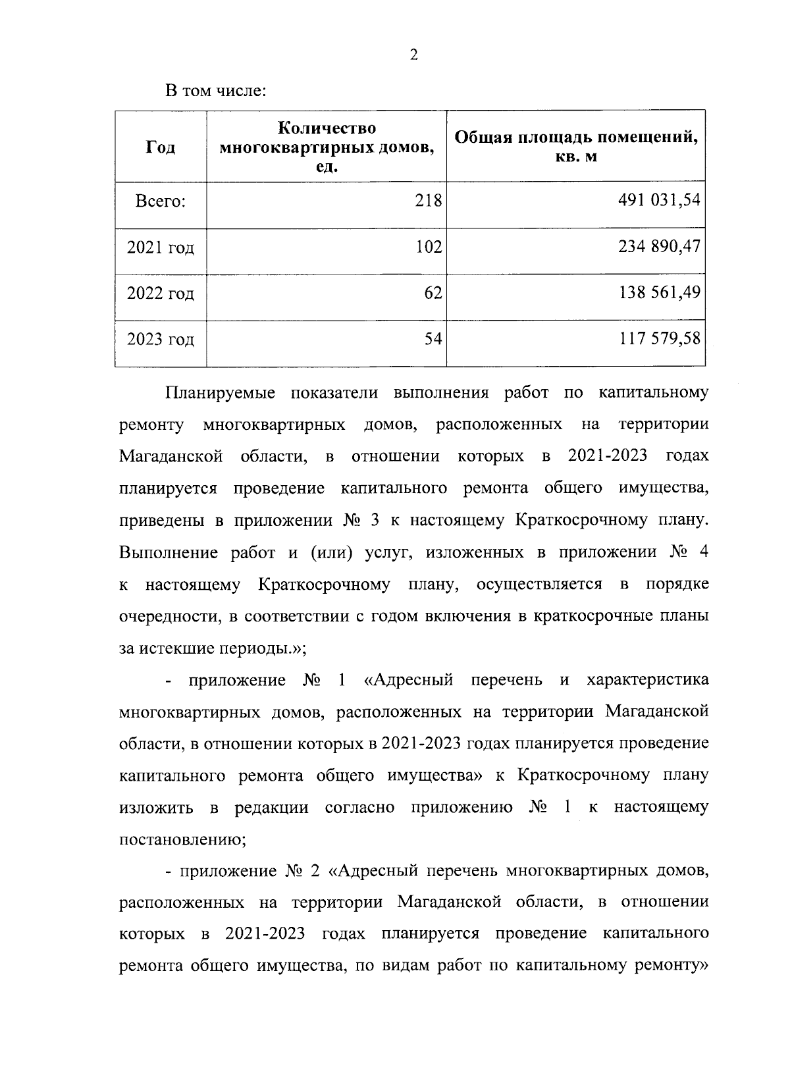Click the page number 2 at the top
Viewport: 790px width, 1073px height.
413,55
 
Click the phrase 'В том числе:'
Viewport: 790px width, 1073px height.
215,90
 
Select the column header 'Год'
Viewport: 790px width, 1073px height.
161,147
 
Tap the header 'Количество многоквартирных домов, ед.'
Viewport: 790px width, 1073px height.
327,147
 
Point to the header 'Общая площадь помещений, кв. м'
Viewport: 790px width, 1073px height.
576,147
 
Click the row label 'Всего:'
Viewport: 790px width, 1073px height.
161,201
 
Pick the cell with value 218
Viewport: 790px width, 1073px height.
428,201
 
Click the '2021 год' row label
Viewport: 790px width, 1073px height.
161,248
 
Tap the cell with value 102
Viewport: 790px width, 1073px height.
428,247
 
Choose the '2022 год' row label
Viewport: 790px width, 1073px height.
161,294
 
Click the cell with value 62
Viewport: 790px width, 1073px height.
433,293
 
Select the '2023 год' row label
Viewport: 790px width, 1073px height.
161,340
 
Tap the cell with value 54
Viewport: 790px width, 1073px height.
433,340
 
